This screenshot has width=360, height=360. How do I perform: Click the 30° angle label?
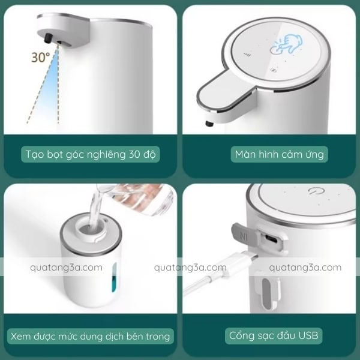click(41, 58)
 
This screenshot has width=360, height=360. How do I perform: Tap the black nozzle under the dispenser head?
click(49, 38)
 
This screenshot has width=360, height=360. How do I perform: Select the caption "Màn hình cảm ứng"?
click(279, 154)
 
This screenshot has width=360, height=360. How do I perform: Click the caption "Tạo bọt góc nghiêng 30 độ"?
click(91, 155)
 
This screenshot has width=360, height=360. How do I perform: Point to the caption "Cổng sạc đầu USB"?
click(274, 335)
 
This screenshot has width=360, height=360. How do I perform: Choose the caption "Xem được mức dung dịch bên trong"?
click(91, 337)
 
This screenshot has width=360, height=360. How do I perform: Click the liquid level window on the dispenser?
click(115, 278)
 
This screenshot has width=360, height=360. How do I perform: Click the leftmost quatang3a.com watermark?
click(66, 268)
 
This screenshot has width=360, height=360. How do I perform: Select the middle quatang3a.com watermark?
click(190, 268)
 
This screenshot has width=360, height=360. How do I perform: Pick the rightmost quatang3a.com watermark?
click(305, 268)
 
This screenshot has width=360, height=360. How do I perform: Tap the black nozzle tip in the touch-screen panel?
click(209, 124)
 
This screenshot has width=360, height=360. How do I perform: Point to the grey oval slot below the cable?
click(266, 294)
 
